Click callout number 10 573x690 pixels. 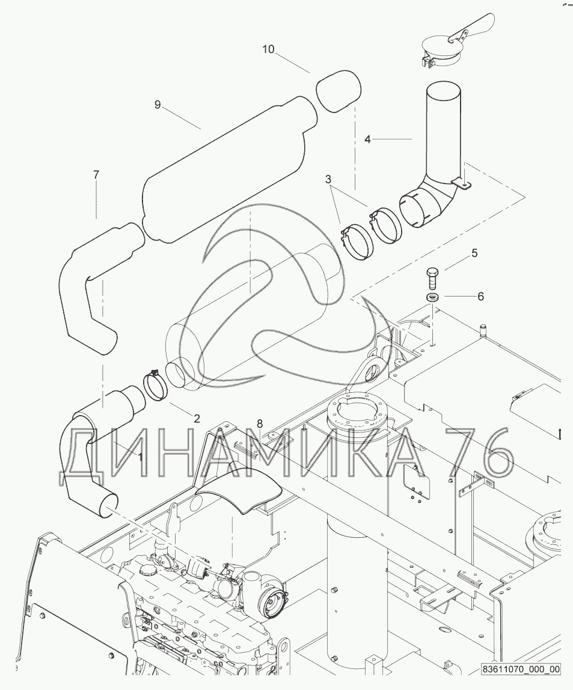pos(268,49)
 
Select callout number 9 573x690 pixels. pos(158,105)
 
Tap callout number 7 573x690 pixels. pos(96,174)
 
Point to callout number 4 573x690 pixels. pos(367,140)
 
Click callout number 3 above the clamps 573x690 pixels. pos(328,179)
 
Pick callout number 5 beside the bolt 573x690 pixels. pos(474,253)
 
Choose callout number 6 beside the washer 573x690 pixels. pos(480,297)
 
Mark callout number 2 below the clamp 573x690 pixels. pos(197,419)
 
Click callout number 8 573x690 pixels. pos(260,424)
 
